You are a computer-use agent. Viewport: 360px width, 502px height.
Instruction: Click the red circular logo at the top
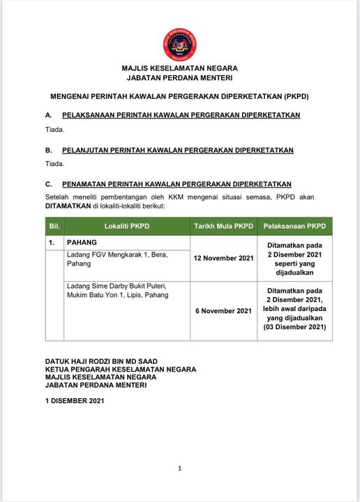pyautogui.click(x=179, y=43)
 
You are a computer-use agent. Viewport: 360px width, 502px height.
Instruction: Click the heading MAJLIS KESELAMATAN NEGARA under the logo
pyautogui.click(x=179, y=68)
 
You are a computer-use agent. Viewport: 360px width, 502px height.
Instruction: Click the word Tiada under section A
pyautogui.click(x=54, y=129)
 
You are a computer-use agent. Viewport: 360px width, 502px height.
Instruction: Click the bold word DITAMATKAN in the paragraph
pyautogui.click(x=70, y=207)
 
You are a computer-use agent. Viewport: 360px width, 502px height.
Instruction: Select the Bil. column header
pyautogui.click(x=55, y=227)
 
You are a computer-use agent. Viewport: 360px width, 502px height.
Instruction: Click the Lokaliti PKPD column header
pyautogui.click(x=127, y=227)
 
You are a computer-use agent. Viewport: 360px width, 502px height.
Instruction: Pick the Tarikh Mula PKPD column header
pyautogui.click(x=223, y=227)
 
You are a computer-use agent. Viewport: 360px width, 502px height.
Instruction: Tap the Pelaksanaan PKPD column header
pyautogui.click(x=295, y=227)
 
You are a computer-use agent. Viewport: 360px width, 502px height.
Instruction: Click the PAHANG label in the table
pyautogui.click(x=82, y=242)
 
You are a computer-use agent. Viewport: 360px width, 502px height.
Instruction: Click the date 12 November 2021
pyautogui.click(x=224, y=259)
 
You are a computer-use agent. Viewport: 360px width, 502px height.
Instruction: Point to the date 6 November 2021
pyautogui.click(x=224, y=310)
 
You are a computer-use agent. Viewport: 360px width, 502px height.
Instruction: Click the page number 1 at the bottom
pyautogui.click(x=180, y=468)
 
